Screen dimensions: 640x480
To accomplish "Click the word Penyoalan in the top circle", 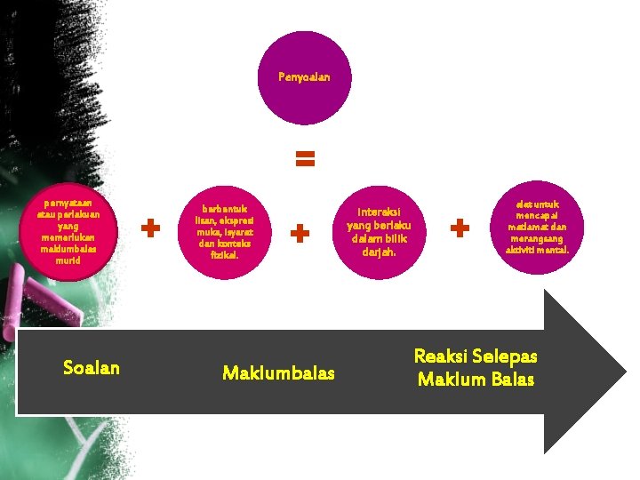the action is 304,77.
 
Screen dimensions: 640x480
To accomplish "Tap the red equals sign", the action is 304,160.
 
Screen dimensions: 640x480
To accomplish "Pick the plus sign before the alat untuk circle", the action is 460,228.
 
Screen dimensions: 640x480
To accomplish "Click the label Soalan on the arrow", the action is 92,368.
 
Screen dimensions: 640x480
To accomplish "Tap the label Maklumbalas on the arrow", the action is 278,372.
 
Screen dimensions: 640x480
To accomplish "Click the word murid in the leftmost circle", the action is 66,260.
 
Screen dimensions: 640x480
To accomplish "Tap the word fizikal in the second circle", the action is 224,254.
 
